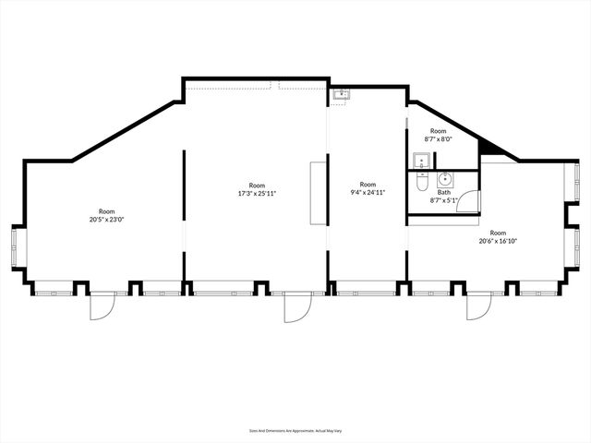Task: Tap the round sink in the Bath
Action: click(x=444, y=179)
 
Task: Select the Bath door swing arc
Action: click(x=470, y=201)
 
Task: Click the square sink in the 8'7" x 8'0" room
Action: click(x=421, y=163)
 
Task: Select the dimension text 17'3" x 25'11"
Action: click(x=257, y=193)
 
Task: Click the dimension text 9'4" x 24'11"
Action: click(x=368, y=192)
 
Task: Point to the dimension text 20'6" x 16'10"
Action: click(x=498, y=242)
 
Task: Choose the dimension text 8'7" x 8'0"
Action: click(x=438, y=139)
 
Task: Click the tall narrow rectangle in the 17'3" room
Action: click(x=318, y=192)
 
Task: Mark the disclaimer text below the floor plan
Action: click(x=295, y=430)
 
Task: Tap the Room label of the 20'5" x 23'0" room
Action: click(x=107, y=211)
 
